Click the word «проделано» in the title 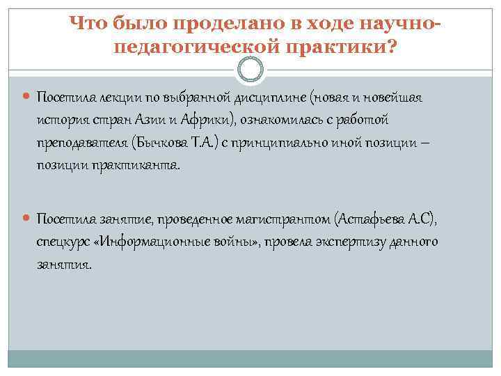(x=214, y=24)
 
